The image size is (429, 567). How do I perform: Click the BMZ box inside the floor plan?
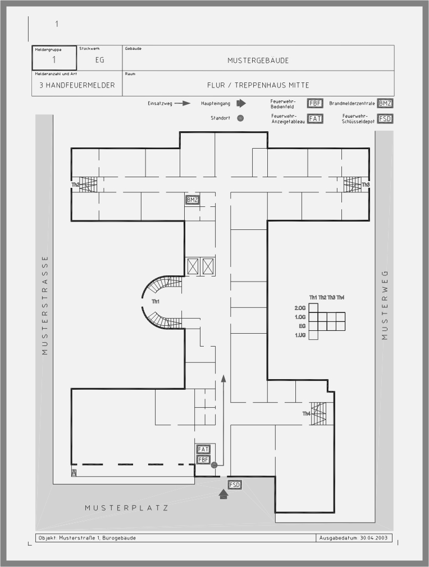192,200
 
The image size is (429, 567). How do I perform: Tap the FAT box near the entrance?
203,449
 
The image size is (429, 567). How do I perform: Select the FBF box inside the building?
203,460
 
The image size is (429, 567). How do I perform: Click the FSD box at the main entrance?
235,485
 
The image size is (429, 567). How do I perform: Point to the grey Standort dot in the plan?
214,465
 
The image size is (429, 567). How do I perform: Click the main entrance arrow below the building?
223,494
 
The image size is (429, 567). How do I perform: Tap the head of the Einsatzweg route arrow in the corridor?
223,379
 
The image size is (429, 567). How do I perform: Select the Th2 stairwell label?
75,185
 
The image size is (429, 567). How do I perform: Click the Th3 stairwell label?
366,185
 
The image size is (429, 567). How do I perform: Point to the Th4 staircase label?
307,414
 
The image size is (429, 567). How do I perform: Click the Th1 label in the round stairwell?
156,302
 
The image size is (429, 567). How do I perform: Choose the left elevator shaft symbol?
193,266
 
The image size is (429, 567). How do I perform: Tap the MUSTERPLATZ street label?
127,508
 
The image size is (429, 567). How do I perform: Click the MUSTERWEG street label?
385,305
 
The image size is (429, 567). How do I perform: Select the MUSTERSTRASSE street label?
45,305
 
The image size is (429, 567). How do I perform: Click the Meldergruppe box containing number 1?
54,58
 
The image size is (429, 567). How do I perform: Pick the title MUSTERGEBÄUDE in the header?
258,61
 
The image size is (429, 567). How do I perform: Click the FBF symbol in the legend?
315,103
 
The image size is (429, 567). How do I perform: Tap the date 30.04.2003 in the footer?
374,538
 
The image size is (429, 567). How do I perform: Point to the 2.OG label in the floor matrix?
300,308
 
